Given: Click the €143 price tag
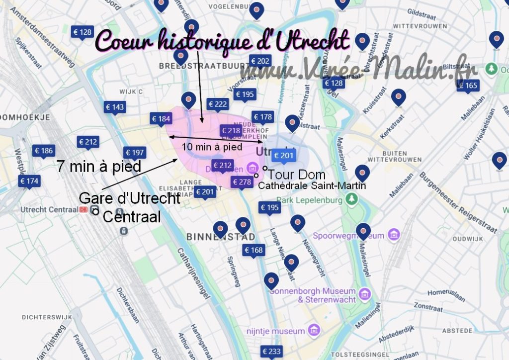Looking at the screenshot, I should (115, 107).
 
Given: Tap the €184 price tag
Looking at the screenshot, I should (161, 119).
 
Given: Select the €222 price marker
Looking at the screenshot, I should (218, 104).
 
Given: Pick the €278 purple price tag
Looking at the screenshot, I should (242, 182).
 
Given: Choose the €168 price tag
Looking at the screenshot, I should (254, 250).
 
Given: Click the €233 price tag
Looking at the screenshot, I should (271, 352).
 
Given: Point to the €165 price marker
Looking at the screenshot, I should (467, 86).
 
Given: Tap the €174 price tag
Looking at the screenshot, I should (29, 181).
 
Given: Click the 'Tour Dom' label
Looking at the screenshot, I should (296, 175).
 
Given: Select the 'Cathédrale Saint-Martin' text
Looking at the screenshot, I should (312, 186).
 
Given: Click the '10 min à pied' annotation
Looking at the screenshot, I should (212, 147).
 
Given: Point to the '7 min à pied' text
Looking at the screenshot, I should (98, 166).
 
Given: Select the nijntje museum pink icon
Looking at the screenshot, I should (314, 330).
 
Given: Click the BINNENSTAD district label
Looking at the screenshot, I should (221, 236).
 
